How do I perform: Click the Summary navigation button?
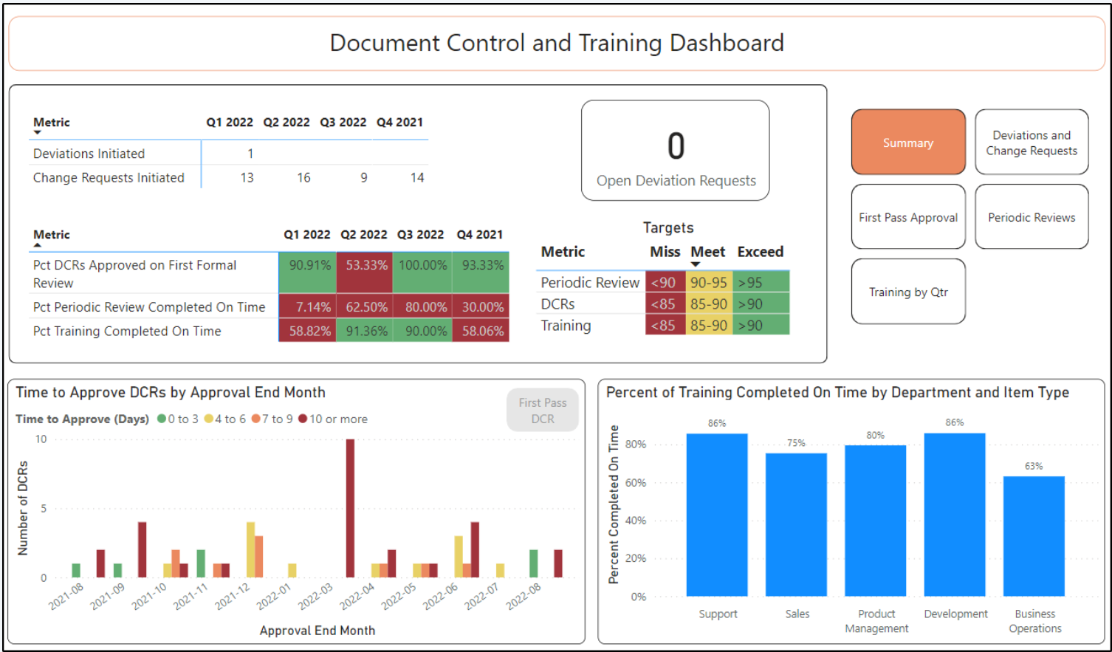tap(907, 143)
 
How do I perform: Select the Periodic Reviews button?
tap(1031, 217)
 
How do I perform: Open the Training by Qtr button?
tap(907, 292)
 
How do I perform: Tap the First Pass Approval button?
tap(907, 217)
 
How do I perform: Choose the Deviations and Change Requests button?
tap(1031, 143)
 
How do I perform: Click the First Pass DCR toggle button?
tap(542, 411)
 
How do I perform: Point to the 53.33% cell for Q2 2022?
tap(365, 266)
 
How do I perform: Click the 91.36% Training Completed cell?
tap(365, 331)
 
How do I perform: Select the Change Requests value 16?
tap(303, 178)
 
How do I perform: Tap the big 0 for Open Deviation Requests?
tap(676, 146)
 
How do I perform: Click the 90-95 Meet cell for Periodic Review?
tap(708, 283)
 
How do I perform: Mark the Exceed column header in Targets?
tap(760, 252)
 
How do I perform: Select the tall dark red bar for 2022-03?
tap(350, 508)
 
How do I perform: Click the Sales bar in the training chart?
tap(796, 524)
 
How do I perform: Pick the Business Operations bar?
tap(1034, 535)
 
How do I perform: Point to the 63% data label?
tap(1034, 466)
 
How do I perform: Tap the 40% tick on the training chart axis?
tap(635, 521)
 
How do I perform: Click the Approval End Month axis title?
tap(318, 631)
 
